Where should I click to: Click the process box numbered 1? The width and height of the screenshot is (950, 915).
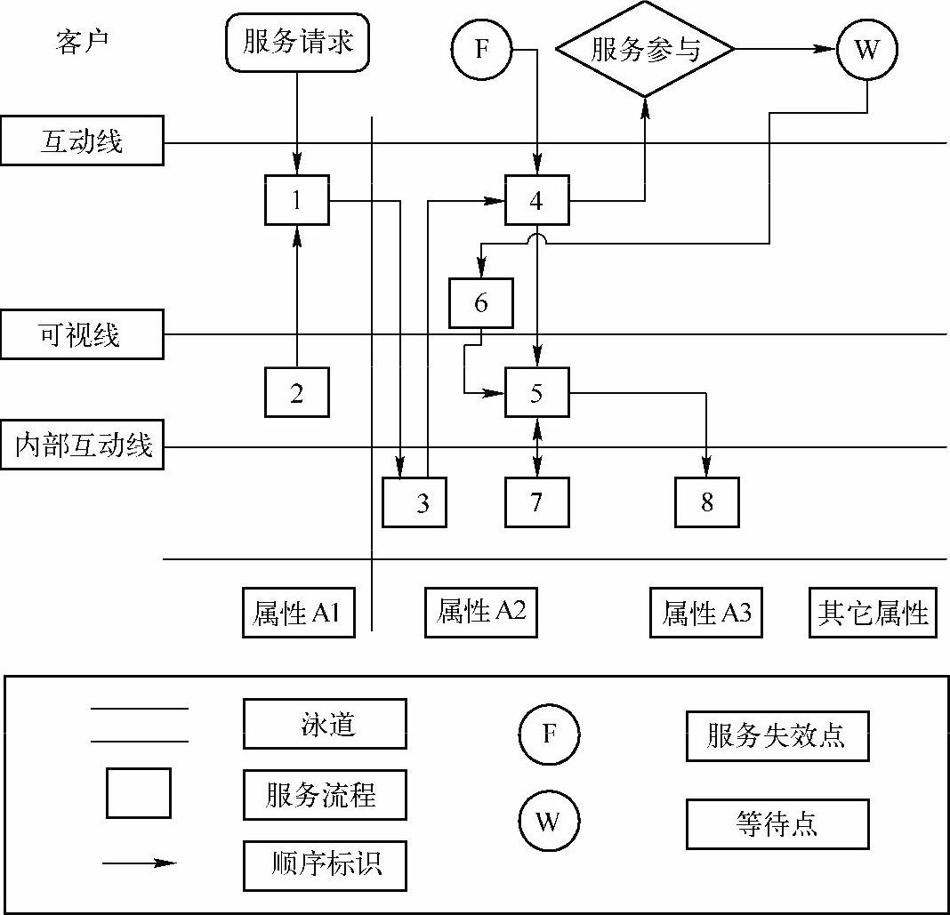296,200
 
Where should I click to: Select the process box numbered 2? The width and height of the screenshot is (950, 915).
296,392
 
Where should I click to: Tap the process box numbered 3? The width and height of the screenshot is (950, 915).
415,502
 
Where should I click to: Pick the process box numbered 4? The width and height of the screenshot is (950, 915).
536,200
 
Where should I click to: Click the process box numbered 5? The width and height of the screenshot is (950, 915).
536,392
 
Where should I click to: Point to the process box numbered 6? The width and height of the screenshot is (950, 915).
481,303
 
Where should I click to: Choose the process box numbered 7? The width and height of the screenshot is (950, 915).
536,502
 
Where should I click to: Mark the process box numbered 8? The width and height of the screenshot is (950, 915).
707,502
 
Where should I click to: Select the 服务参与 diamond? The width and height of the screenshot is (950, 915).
646,49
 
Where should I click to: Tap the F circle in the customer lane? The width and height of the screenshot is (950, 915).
481,49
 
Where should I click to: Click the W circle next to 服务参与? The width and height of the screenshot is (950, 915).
866,49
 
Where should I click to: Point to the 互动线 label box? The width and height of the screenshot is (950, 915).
82,140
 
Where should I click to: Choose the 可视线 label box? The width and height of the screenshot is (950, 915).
82,334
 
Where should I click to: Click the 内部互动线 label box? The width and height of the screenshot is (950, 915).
82,445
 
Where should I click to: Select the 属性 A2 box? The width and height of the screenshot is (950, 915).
481,612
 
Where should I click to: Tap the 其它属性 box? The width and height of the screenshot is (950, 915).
873,613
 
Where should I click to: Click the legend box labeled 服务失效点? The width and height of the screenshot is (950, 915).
777,735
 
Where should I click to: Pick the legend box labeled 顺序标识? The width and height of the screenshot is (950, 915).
325,864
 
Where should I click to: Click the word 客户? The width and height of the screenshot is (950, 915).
82,43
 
